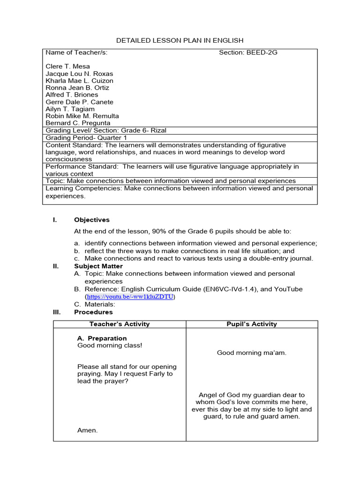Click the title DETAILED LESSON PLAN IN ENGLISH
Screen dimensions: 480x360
(180, 41)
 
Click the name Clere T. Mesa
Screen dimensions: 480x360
(67, 67)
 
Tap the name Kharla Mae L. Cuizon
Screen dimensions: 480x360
(79, 81)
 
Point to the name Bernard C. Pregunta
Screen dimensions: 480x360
(78, 123)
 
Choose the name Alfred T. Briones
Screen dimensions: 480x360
(72, 95)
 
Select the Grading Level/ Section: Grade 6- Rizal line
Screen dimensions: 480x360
(105, 130)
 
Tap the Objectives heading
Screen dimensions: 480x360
(91, 220)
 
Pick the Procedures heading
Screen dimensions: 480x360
(93, 312)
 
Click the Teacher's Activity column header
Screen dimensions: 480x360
(120, 324)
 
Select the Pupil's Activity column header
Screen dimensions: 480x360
(252, 324)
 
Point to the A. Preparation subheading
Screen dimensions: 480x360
(102, 338)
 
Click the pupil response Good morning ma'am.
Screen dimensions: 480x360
(251, 353)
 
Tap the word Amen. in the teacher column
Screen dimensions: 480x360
(87, 430)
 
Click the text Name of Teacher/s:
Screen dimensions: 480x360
(76, 52)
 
